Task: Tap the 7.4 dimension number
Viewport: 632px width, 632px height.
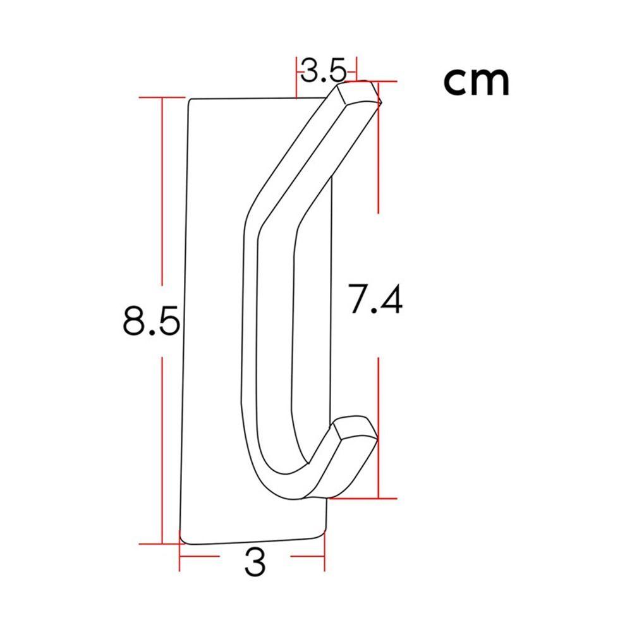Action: tap(375, 298)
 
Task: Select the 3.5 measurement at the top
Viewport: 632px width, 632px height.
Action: tap(323, 70)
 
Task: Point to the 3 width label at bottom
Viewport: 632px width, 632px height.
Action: tap(255, 562)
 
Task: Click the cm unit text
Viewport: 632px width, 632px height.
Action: tap(477, 82)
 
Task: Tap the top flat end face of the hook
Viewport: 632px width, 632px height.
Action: tap(359, 92)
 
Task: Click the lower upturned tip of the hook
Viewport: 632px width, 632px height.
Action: tap(355, 429)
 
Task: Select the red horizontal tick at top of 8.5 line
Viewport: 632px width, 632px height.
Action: tap(162, 97)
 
